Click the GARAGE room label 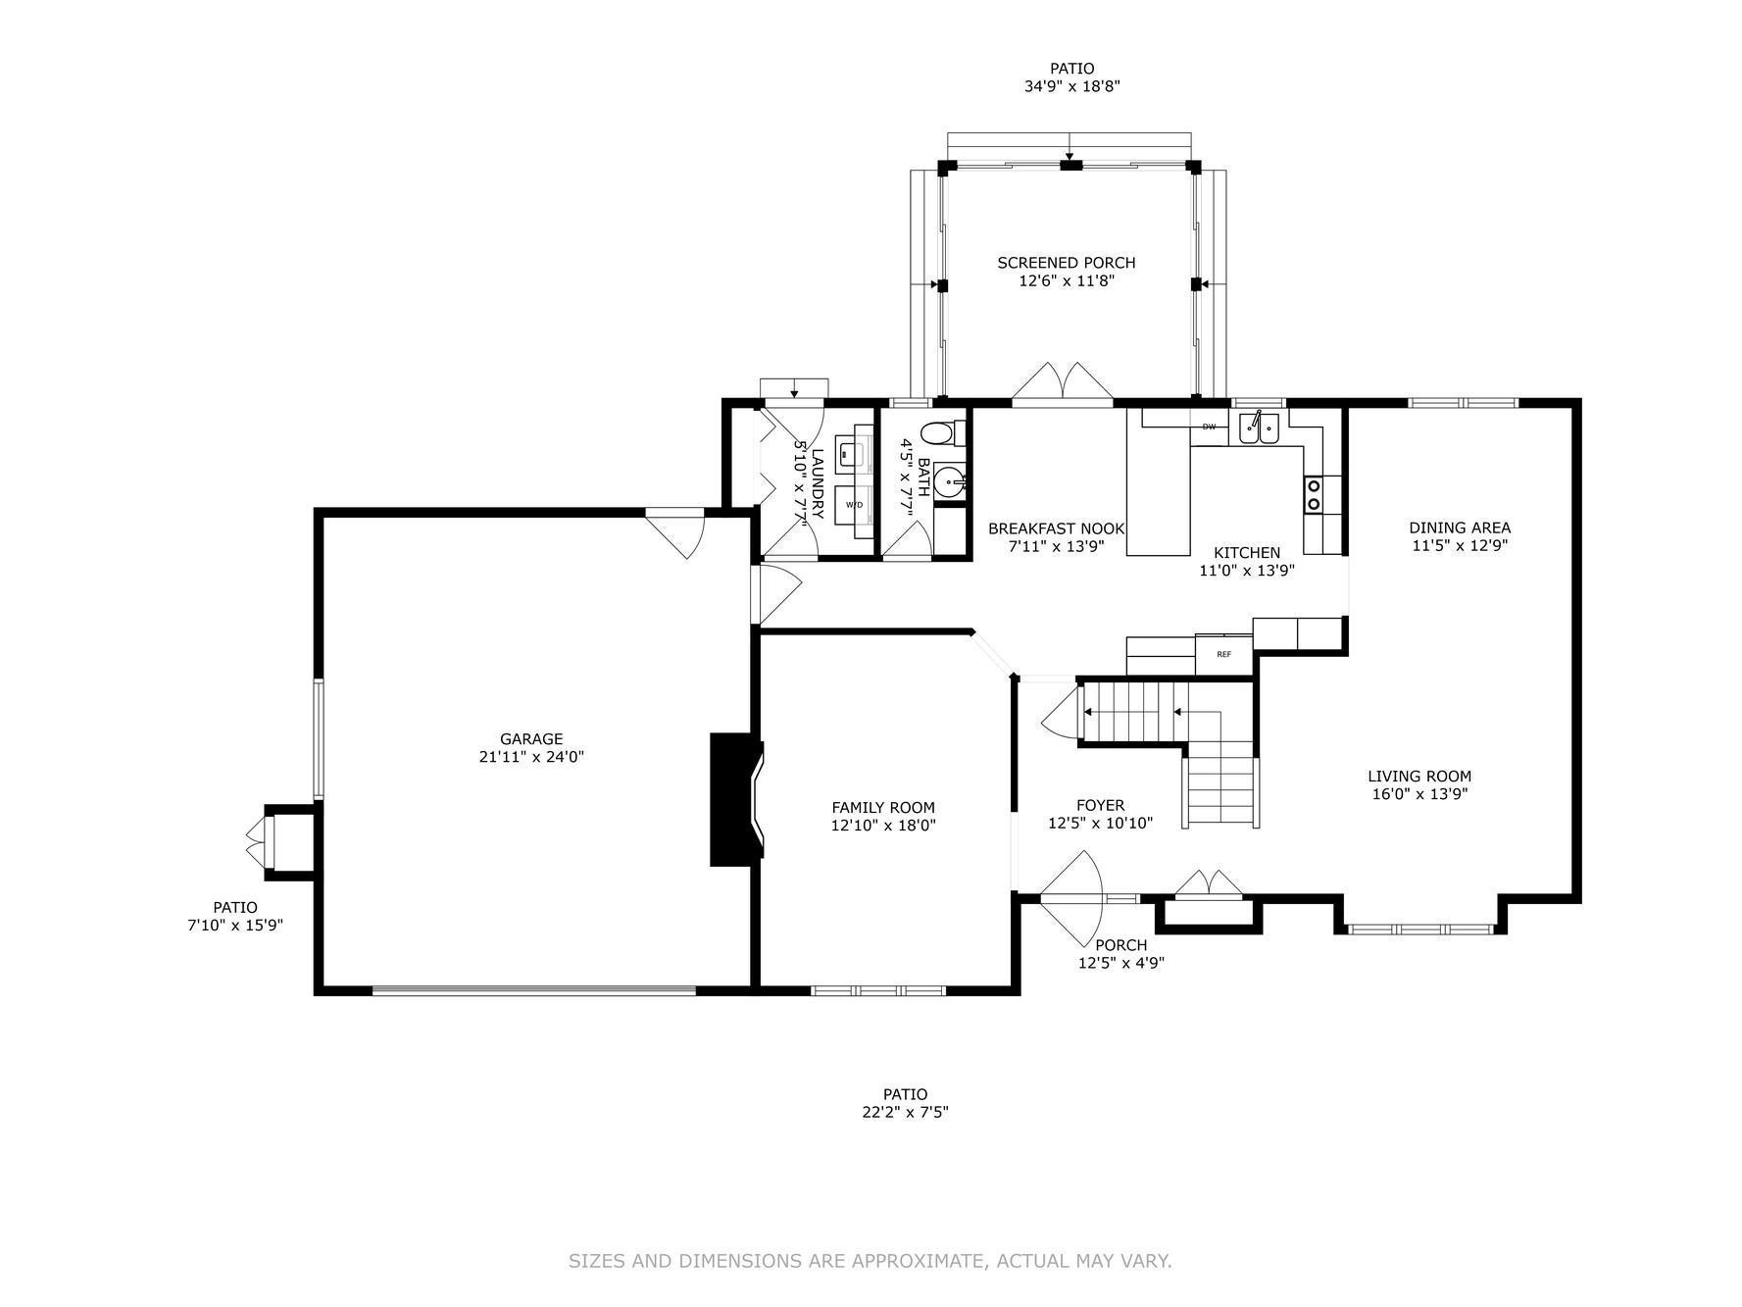[531, 739]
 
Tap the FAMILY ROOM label [883, 808]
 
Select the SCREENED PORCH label [1067, 263]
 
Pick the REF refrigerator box [1224, 654]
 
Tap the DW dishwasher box [1209, 427]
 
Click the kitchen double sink [1259, 427]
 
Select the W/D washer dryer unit [854, 504]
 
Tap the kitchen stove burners [1313, 494]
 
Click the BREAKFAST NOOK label [1057, 528]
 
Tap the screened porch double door [1062, 382]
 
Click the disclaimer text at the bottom [871, 1261]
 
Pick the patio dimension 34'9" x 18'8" [1072, 86]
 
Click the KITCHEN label [1247, 553]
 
